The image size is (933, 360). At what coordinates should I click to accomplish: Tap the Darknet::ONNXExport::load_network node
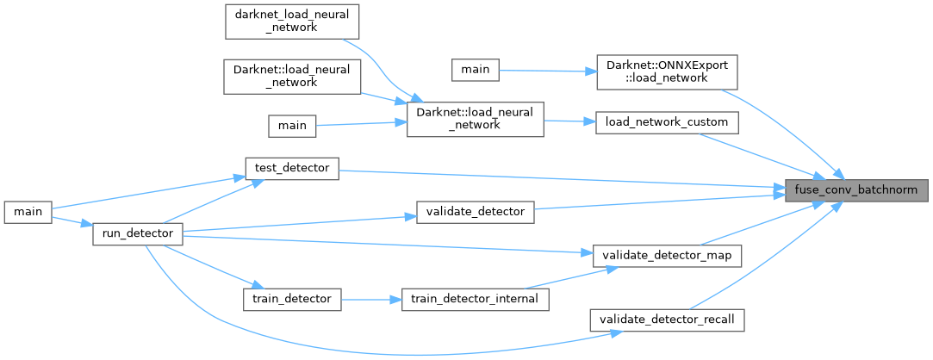662,71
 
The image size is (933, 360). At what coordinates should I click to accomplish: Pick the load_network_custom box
668,123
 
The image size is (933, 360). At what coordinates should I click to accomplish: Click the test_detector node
292,168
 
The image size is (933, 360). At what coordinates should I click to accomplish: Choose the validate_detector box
476,211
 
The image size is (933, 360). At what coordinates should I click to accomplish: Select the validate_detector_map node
662,255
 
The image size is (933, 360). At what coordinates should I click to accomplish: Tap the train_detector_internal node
476,299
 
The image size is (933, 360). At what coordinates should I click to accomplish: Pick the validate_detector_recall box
666,320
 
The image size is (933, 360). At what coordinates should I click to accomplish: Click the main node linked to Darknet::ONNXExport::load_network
476,71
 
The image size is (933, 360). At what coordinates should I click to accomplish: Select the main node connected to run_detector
28,212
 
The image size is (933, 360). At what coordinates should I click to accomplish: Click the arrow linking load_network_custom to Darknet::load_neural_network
569,121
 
